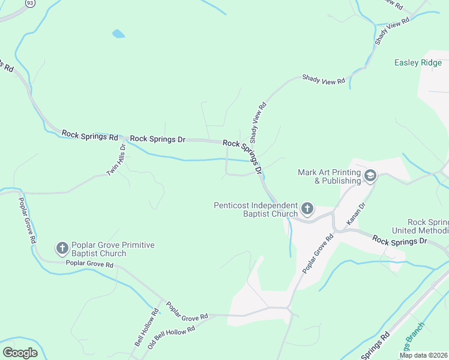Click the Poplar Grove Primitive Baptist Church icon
62,248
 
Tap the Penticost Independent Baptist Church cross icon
307,209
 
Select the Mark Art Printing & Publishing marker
370,175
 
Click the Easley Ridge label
418,62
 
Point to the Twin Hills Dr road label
116,160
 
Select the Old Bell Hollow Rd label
172,338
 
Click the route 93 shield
30,4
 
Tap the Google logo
20,352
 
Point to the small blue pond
118,34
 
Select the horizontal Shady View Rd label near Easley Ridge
324,79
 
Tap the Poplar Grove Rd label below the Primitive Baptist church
89,264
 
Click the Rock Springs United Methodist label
420,226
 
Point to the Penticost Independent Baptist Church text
256,209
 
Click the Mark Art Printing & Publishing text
329,176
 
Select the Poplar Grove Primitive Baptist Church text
113,249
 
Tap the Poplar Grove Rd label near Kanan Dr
318,254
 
